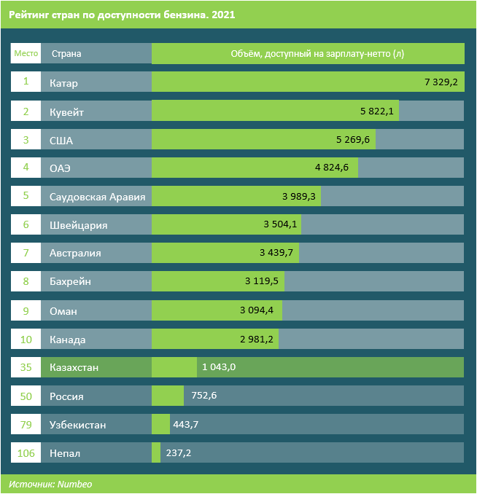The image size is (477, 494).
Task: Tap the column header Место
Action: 26,53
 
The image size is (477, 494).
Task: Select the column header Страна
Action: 66,53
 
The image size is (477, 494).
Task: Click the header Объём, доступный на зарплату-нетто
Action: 306,53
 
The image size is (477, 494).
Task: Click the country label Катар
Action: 63,83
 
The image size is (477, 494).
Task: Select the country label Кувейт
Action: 66,111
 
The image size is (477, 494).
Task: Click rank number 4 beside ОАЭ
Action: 26,168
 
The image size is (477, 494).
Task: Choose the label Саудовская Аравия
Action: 97,197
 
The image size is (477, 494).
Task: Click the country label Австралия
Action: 75,254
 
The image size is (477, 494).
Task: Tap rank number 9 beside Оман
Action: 26,311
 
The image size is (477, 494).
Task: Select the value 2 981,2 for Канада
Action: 257,340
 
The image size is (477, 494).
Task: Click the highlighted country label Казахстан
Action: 74,368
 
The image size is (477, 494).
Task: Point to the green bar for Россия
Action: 167,396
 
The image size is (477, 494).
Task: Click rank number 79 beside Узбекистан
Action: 26,424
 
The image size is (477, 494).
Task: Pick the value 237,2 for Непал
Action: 179,453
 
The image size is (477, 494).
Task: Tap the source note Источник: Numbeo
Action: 51,484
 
